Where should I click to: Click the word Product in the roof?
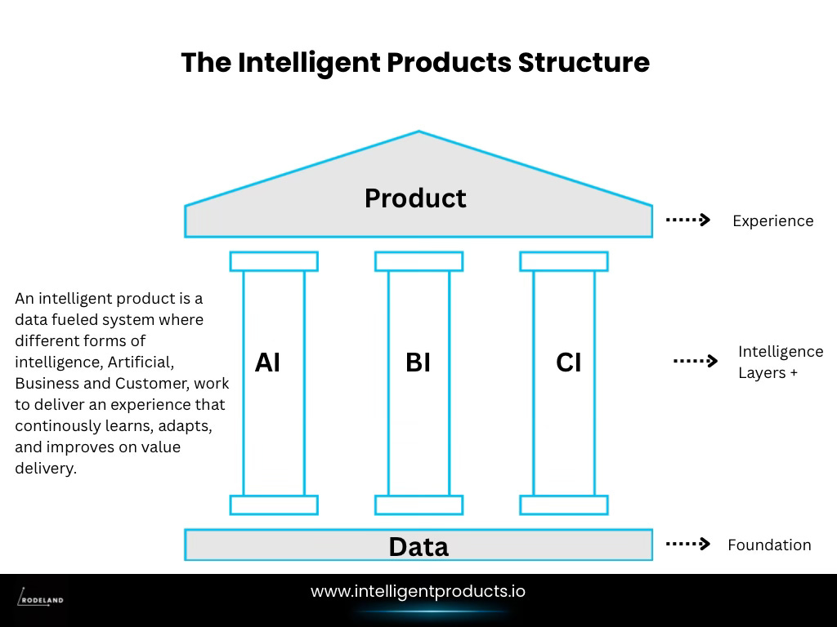click(415, 198)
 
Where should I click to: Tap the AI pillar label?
click(267, 362)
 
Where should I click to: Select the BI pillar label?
click(418, 362)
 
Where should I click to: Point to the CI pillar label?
click(568, 362)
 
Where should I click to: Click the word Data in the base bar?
click(418, 546)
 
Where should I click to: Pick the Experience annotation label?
click(772, 220)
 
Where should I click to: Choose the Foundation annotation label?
click(769, 545)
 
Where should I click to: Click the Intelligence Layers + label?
click(780, 362)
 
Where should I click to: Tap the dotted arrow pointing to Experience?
click(687, 220)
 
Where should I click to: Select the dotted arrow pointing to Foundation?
click(687, 544)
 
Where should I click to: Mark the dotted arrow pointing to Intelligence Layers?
click(695, 361)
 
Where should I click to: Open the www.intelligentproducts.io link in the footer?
click(418, 591)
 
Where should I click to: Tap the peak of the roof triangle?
click(418, 132)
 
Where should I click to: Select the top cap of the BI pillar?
click(418, 261)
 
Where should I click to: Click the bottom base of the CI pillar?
click(564, 505)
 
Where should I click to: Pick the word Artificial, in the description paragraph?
click(141, 362)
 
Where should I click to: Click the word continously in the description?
click(51, 425)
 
